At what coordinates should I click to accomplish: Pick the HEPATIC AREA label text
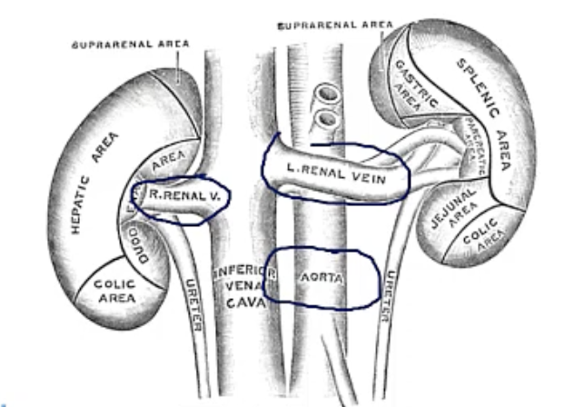coord(87,191)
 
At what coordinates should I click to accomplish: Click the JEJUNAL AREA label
coord(450,214)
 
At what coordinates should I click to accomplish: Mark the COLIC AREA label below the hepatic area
coord(115,290)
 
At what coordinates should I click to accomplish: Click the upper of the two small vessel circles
coord(321,94)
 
